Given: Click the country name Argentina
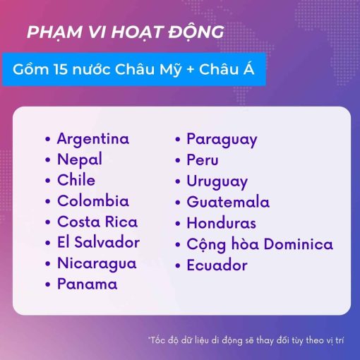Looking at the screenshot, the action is click(93, 139).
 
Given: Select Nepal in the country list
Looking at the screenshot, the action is click(80, 160).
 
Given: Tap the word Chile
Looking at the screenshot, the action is click(76, 180).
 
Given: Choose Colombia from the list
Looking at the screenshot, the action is click(93, 201).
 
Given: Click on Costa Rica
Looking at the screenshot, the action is click(97, 222).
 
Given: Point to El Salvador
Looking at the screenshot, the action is click(99, 242).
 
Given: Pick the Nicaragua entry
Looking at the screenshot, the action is click(97, 263).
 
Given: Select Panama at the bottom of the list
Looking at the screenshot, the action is click(88, 284).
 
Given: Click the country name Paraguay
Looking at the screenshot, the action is click(222, 140).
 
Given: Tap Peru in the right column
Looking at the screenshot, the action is click(203, 160).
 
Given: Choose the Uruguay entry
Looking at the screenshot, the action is click(217, 182).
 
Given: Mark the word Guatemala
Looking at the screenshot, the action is click(228, 202).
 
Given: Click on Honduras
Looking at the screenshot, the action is click(222, 222).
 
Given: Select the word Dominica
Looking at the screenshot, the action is click(299, 244).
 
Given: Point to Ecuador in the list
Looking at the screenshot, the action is click(217, 265).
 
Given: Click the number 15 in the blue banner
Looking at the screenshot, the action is click(61, 69).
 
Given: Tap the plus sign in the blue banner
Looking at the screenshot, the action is click(191, 70).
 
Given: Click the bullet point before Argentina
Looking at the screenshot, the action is click(48, 139).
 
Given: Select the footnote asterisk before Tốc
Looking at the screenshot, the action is click(149, 338).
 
